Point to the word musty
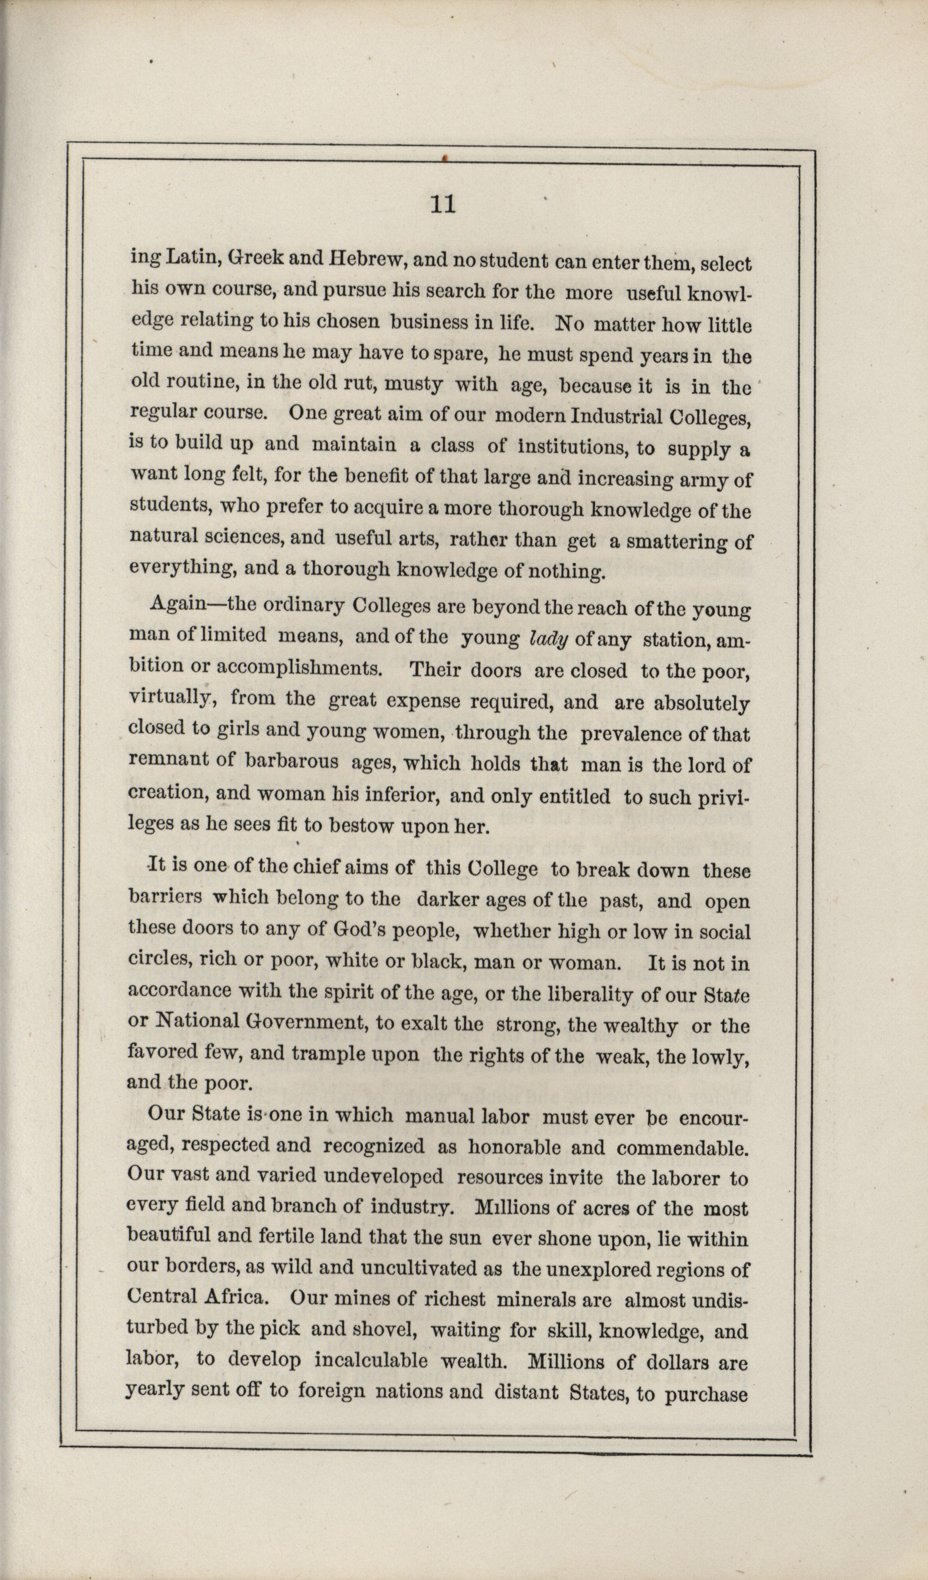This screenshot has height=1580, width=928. (x=410, y=384)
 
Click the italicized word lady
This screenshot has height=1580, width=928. (x=549, y=639)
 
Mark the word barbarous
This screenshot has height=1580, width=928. (x=291, y=762)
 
